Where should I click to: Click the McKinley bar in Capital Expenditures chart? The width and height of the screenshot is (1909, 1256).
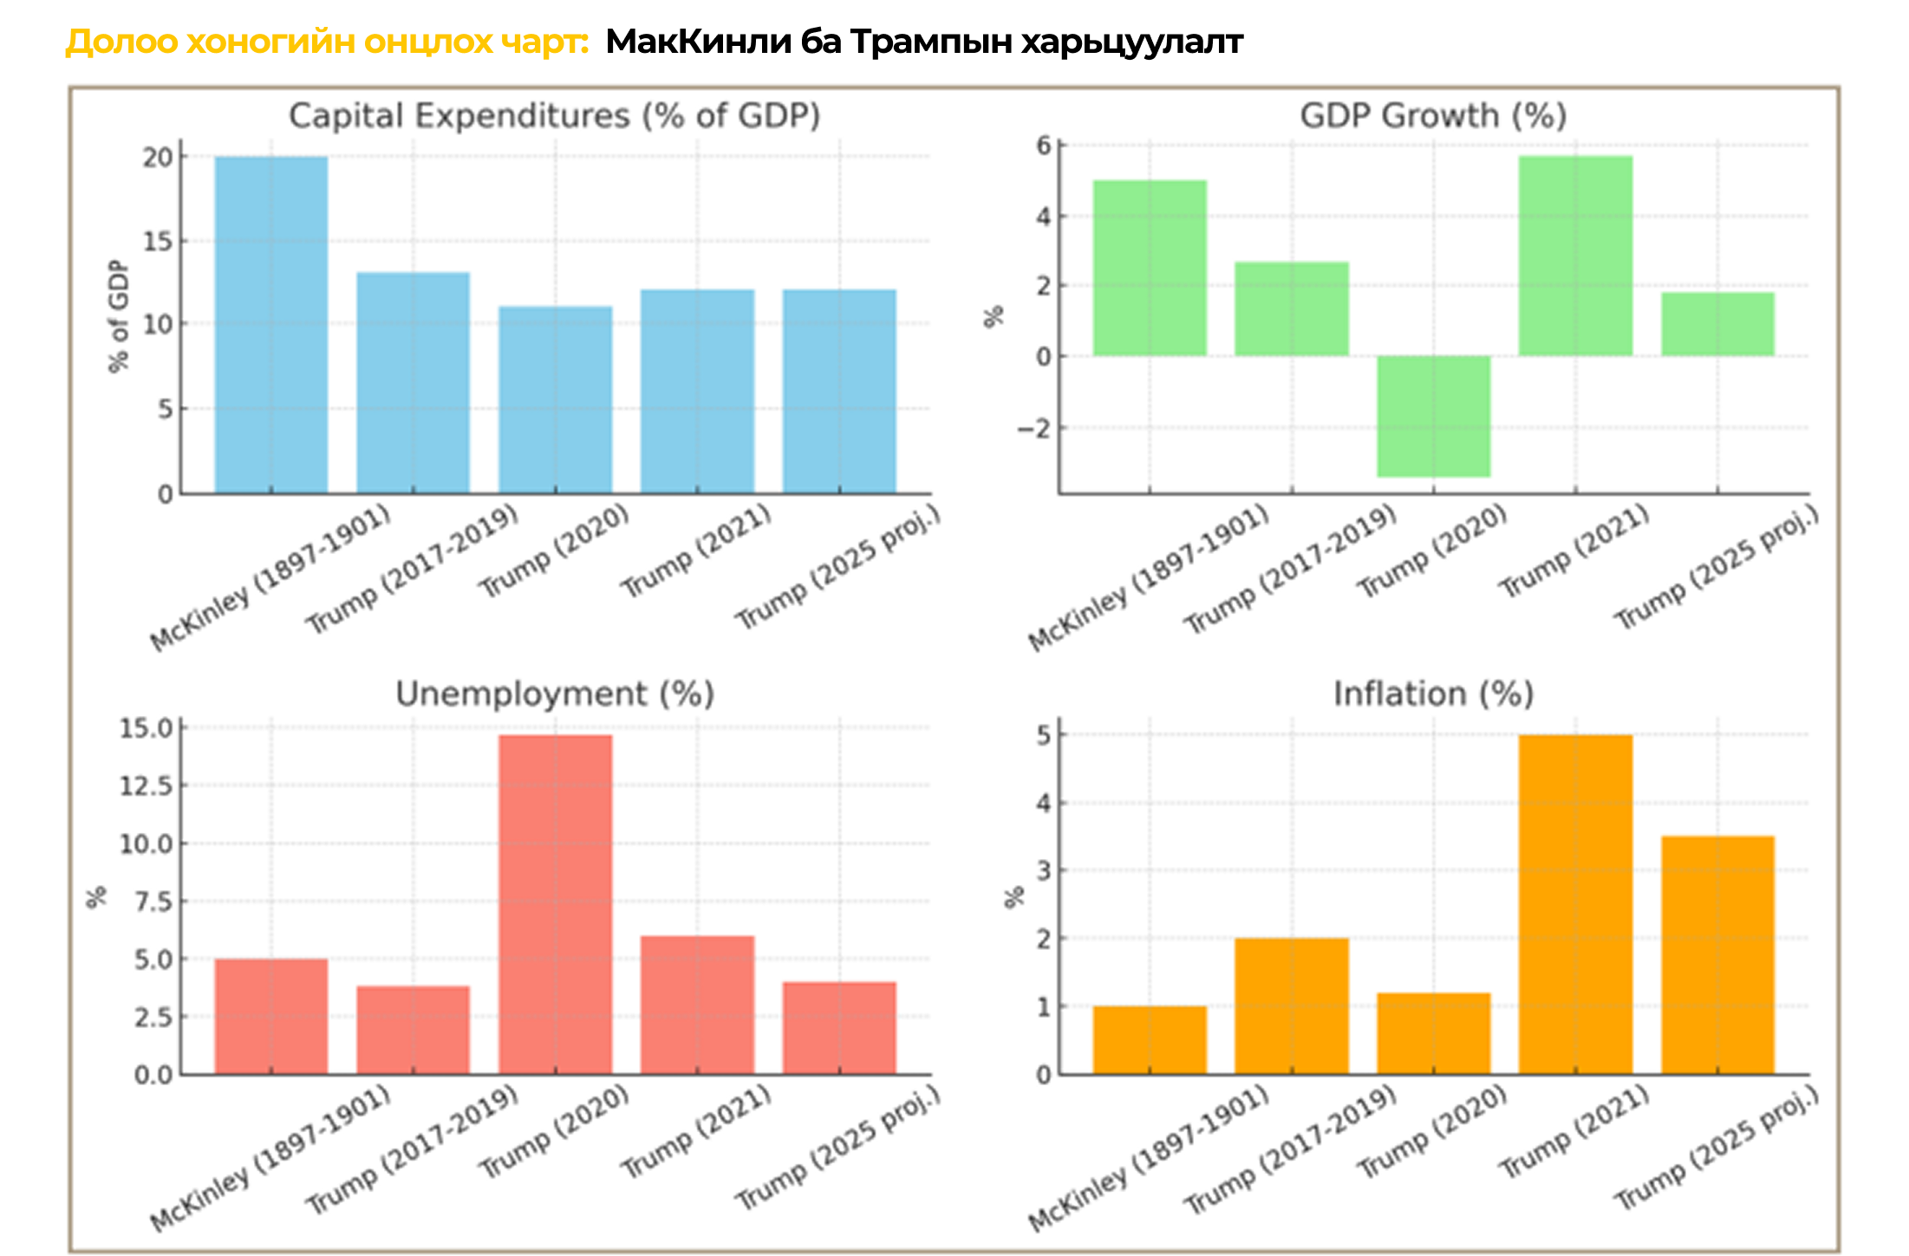pyautogui.click(x=271, y=325)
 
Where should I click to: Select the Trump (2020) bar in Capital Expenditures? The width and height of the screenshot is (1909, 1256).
pyautogui.click(x=556, y=400)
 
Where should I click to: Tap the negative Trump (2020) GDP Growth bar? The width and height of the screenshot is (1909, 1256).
pyautogui.click(x=1434, y=416)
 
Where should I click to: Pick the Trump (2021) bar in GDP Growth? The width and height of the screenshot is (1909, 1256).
pyautogui.click(x=1575, y=256)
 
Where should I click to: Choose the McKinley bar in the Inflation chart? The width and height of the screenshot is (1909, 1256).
pyautogui.click(x=1150, y=1040)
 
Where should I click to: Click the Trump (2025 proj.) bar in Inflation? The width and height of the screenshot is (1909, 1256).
pyautogui.click(x=1717, y=955)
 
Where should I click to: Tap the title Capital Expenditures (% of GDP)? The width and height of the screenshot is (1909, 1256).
pyautogui.click(x=555, y=116)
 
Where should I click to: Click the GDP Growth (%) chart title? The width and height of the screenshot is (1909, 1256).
pyautogui.click(x=1433, y=116)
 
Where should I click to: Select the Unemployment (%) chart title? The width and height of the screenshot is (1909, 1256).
pyautogui.click(x=555, y=694)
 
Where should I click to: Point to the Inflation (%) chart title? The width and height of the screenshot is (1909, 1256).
pyautogui.click(x=1433, y=694)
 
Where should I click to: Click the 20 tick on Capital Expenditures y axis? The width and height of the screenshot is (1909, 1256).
pyautogui.click(x=159, y=158)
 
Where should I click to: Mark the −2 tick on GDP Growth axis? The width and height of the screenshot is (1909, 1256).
pyautogui.click(x=1033, y=428)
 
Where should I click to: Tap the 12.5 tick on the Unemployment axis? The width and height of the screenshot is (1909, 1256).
pyautogui.click(x=147, y=786)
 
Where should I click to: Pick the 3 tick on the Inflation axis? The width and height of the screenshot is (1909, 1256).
pyautogui.click(x=1043, y=870)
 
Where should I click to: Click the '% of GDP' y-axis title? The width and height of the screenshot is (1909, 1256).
pyautogui.click(x=119, y=316)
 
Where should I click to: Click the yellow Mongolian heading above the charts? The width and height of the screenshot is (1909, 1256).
pyautogui.click(x=328, y=42)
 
